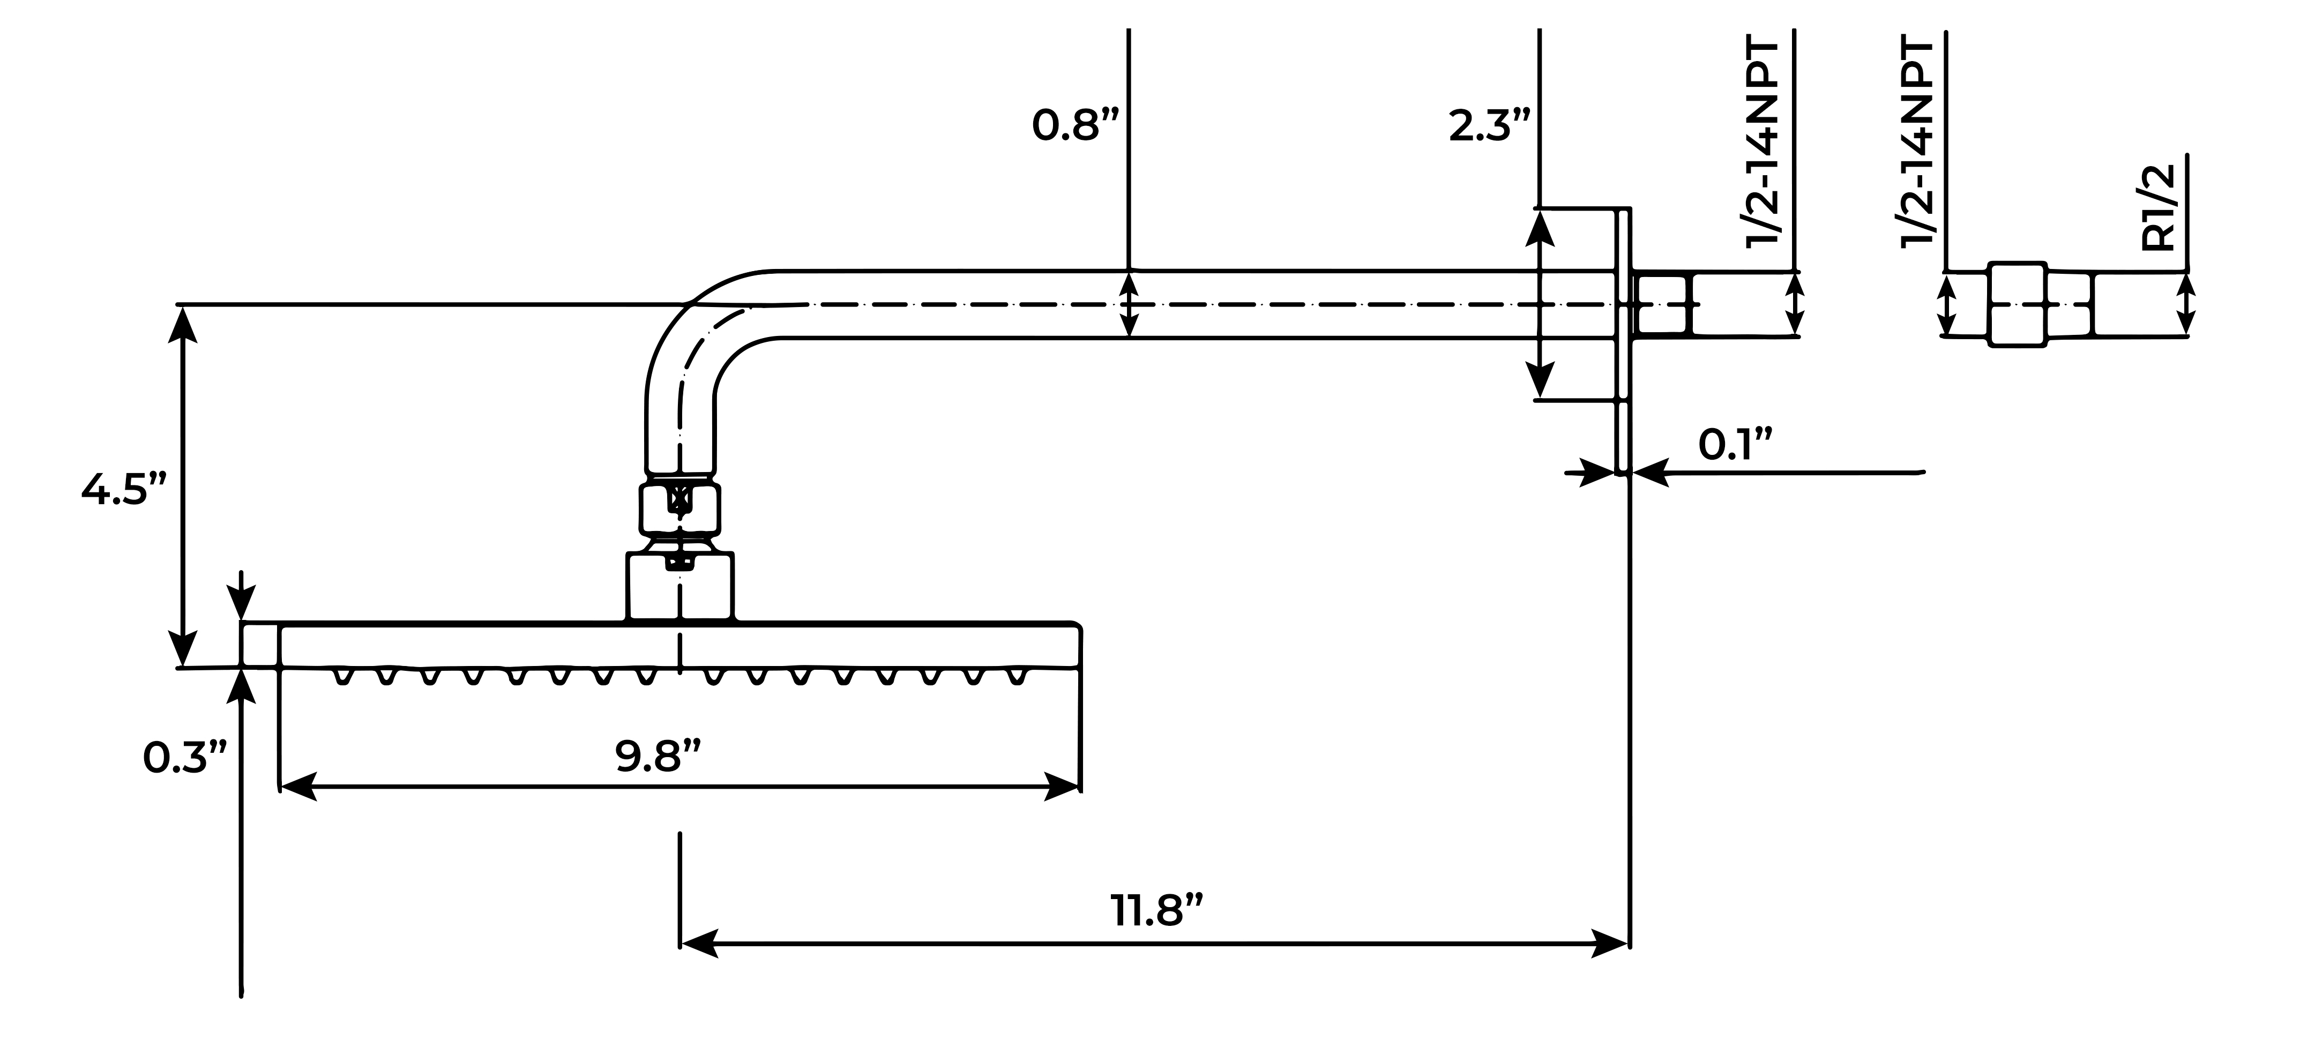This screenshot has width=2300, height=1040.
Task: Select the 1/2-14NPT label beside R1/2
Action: point(1918,143)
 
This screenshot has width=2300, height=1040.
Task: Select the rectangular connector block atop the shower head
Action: point(681,586)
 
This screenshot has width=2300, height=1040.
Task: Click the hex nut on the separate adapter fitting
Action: point(2017,303)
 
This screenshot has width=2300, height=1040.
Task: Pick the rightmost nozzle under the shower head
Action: point(1016,677)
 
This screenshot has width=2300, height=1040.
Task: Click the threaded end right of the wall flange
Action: point(1662,303)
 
